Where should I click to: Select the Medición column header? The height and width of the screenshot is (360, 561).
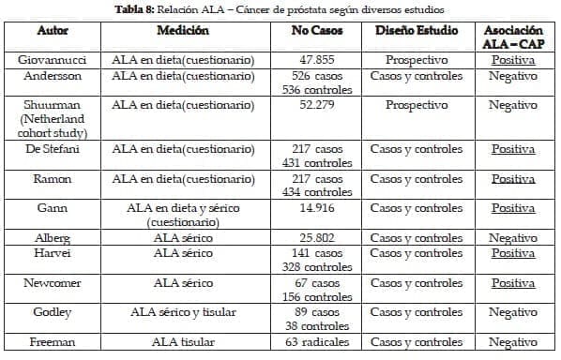tap(182, 30)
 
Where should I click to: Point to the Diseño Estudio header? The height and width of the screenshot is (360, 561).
tap(417, 30)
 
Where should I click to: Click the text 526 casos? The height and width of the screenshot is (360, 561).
tap(315, 75)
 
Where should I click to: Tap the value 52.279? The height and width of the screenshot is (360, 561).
tap(315, 105)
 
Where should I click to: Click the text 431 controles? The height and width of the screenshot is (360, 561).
tap(315, 163)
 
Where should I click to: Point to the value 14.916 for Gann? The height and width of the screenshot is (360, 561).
tap(315, 207)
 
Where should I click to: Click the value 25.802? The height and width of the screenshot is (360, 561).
tap(315, 238)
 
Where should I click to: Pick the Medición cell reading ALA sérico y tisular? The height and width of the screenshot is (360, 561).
tap(182, 311)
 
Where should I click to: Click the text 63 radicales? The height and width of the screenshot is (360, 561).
tap(315, 342)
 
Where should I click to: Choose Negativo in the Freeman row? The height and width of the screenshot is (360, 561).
tap(512, 342)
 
